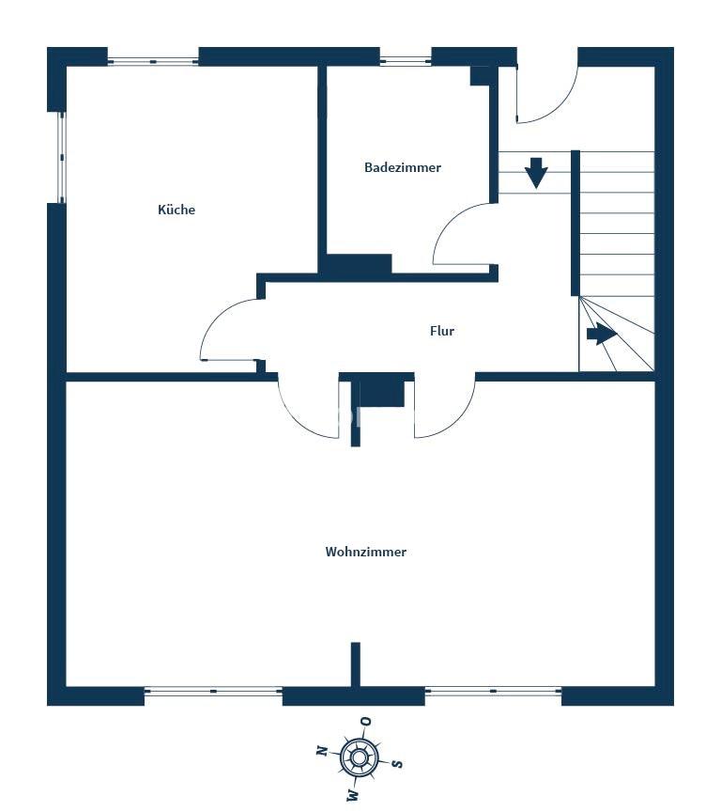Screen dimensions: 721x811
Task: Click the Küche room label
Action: click(176, 210)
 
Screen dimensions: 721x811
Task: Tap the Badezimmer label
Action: click(403, 167)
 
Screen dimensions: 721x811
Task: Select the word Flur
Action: click(442, 331)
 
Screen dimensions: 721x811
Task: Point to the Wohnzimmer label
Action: click(366, 552)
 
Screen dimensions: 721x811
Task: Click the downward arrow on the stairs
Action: click(536, 173)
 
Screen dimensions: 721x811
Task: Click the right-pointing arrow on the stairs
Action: click(602, 335)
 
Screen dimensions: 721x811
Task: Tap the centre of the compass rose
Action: click(358, 758)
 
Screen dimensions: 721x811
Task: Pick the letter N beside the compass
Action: click(323, 750)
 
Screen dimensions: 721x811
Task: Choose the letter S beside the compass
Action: click(397, 763)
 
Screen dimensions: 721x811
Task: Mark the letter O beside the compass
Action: click(366, 721)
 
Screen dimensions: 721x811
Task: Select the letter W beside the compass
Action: click(353, 794)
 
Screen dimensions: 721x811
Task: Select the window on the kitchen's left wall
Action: click(62, 157)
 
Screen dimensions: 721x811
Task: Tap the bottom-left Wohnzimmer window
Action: click(213, 691)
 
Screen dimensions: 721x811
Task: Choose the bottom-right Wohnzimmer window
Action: click(493, 691)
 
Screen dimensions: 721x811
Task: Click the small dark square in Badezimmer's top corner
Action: click(480, 75)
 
